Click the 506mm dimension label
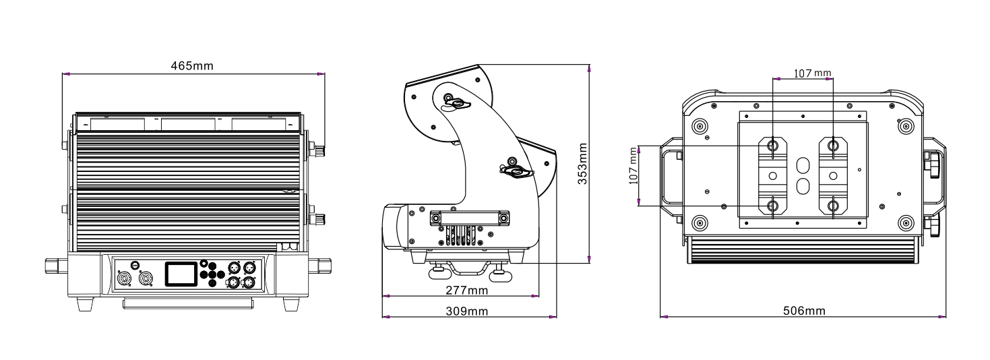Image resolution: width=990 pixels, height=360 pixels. pyautogui.click(x=803, y=311)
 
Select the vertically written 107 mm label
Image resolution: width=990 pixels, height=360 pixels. pyautogui.click(x=633, y=167)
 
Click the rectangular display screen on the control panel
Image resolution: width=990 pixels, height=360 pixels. pyautogui.click(x=182, y=274)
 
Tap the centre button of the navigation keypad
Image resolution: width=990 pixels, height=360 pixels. pyautogui.click(x=214, y=274)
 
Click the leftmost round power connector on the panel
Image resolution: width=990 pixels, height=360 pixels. pyautogui.click(x=123, y=278)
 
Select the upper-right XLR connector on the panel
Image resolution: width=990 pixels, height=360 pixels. pyautogui.click(x=249, y=267)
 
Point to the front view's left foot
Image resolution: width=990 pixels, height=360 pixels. pyautogui.click(x=84, y=304)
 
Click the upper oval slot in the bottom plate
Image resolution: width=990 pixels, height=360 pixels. pyautogui.click(x=803, y=165)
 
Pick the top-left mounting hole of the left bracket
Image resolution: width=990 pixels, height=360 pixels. pyautogui.click(x=772, y=144)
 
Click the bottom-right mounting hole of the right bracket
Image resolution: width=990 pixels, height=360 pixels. pyautogui.click(x=834, y=204)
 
